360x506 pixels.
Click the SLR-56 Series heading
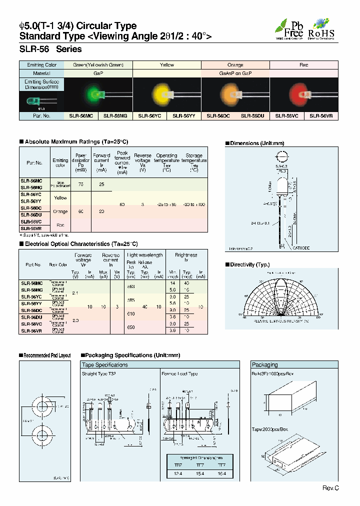(50, 49)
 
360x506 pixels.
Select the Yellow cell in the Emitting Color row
(167, 65)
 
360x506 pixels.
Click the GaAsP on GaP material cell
(235, 73)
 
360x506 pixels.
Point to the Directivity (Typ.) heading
(249, 264)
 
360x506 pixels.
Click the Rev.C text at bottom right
(330, 487)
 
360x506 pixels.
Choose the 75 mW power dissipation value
(80, 184)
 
